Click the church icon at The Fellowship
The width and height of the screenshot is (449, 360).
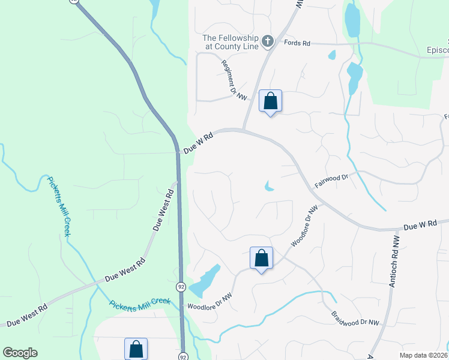tap(268, 41)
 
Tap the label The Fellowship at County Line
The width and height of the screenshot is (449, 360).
tap(231, 41)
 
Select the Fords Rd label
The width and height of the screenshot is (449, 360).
tap(297, 43)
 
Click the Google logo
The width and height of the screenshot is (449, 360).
tap(20, 353)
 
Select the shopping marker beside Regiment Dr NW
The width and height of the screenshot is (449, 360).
tap(270, 101)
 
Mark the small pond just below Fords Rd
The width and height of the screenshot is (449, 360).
tap(332, 56)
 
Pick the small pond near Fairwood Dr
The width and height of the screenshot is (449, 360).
tap(268, 187)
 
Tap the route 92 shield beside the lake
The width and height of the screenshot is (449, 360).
tap(181, 287)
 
